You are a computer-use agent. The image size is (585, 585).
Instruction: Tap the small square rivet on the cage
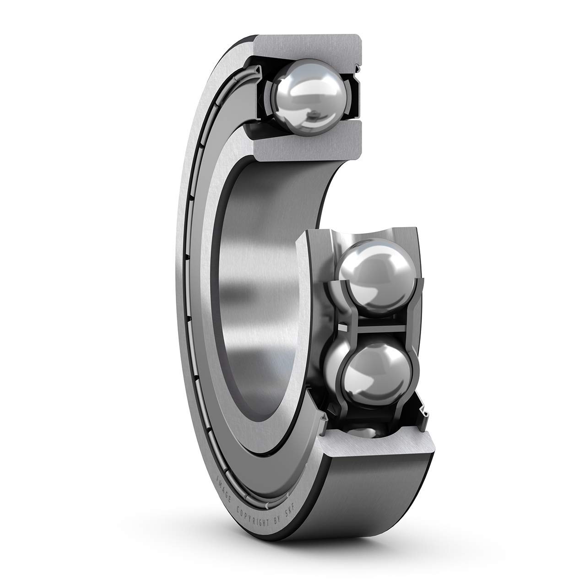point(343,328)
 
